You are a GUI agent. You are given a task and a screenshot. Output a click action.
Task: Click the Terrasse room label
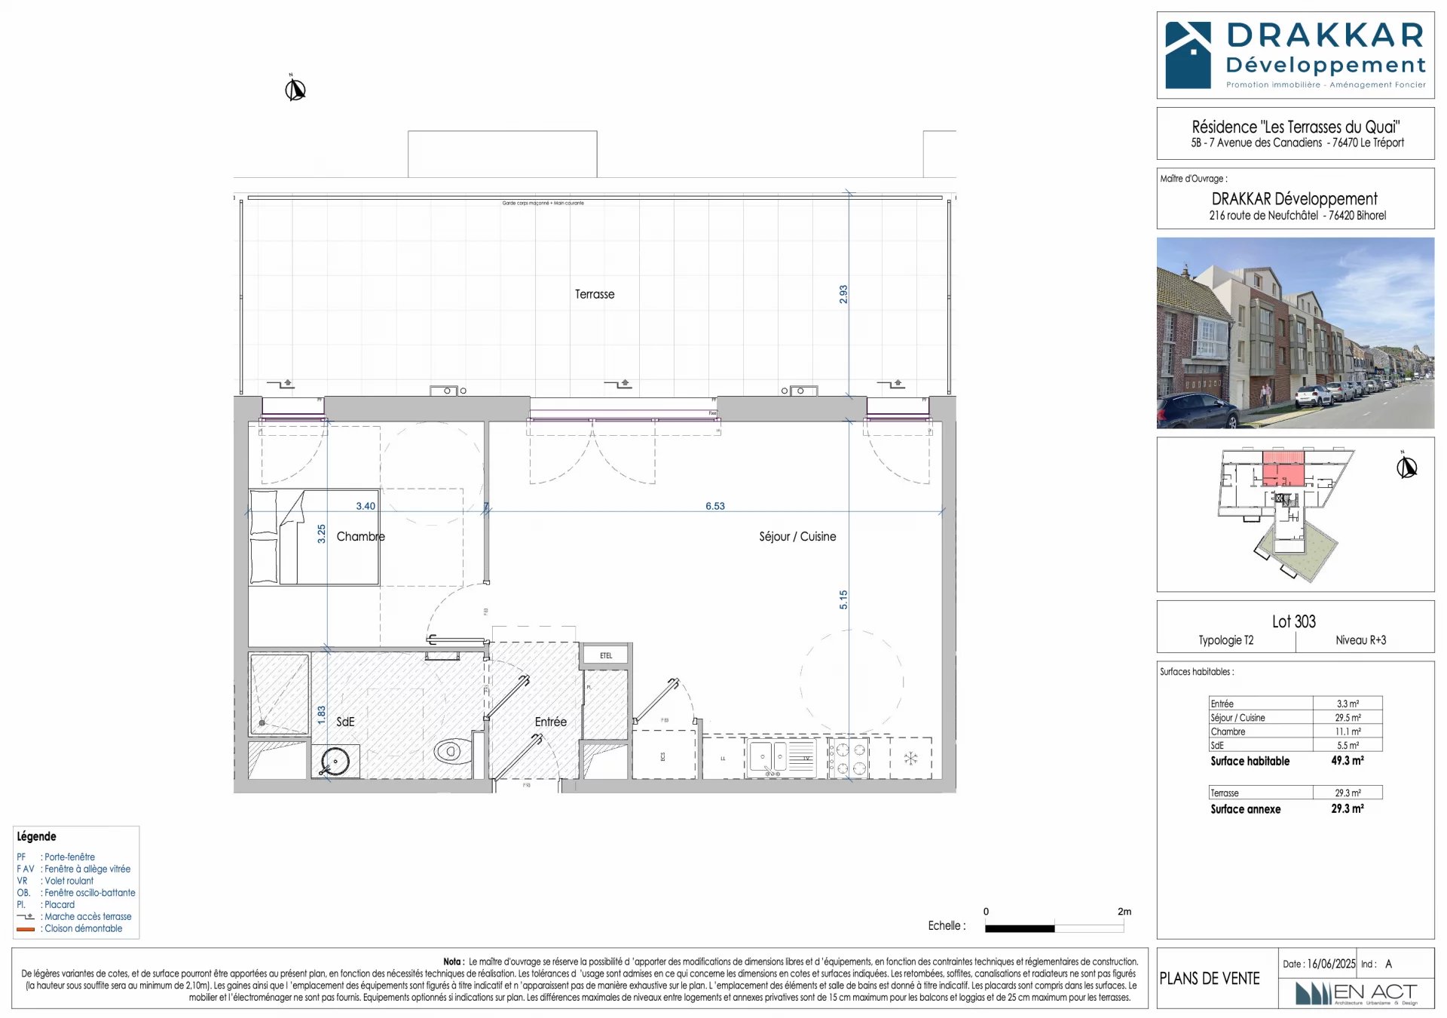(595, 294)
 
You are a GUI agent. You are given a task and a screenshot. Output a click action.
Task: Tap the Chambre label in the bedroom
(360, 536)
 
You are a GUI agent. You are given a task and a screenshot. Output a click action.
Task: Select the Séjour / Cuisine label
(797, 536)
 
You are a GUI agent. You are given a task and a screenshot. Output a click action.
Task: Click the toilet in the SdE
(449, 751)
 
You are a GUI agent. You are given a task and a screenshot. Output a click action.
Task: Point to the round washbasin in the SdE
(335, 761)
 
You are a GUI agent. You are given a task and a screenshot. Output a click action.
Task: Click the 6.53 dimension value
(714, 506)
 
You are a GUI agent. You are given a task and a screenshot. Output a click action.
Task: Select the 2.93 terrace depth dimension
(843, 294)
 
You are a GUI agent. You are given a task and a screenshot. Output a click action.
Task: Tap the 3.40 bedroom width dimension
(366, 506)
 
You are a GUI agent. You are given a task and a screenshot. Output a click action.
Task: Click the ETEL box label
(606, 655)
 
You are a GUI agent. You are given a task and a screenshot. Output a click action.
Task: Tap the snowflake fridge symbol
(910, 758)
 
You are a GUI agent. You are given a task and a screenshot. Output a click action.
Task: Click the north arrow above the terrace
(295, 89)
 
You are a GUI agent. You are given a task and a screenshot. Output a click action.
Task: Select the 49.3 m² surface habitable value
(1347, 761)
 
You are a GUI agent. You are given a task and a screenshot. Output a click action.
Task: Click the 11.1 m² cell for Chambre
(1348, 731)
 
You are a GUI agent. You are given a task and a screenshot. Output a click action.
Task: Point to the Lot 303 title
(1293, 621)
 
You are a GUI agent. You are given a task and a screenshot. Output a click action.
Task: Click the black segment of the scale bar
(1019, 928)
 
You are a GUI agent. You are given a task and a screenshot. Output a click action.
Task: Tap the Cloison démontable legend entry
(83, 928)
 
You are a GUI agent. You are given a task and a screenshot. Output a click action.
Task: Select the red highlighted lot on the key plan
(1283, 471)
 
